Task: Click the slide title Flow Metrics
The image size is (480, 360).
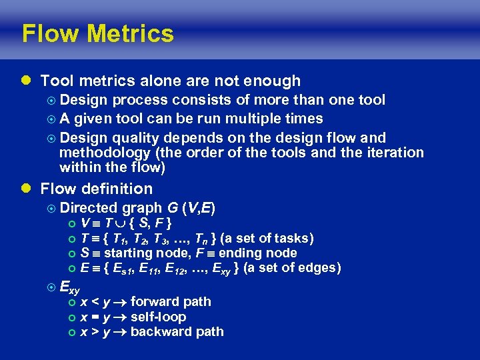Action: pos(97,33)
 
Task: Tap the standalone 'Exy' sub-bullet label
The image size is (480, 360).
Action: pos(69,288)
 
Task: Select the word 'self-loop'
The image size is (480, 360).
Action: pos(159,317)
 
